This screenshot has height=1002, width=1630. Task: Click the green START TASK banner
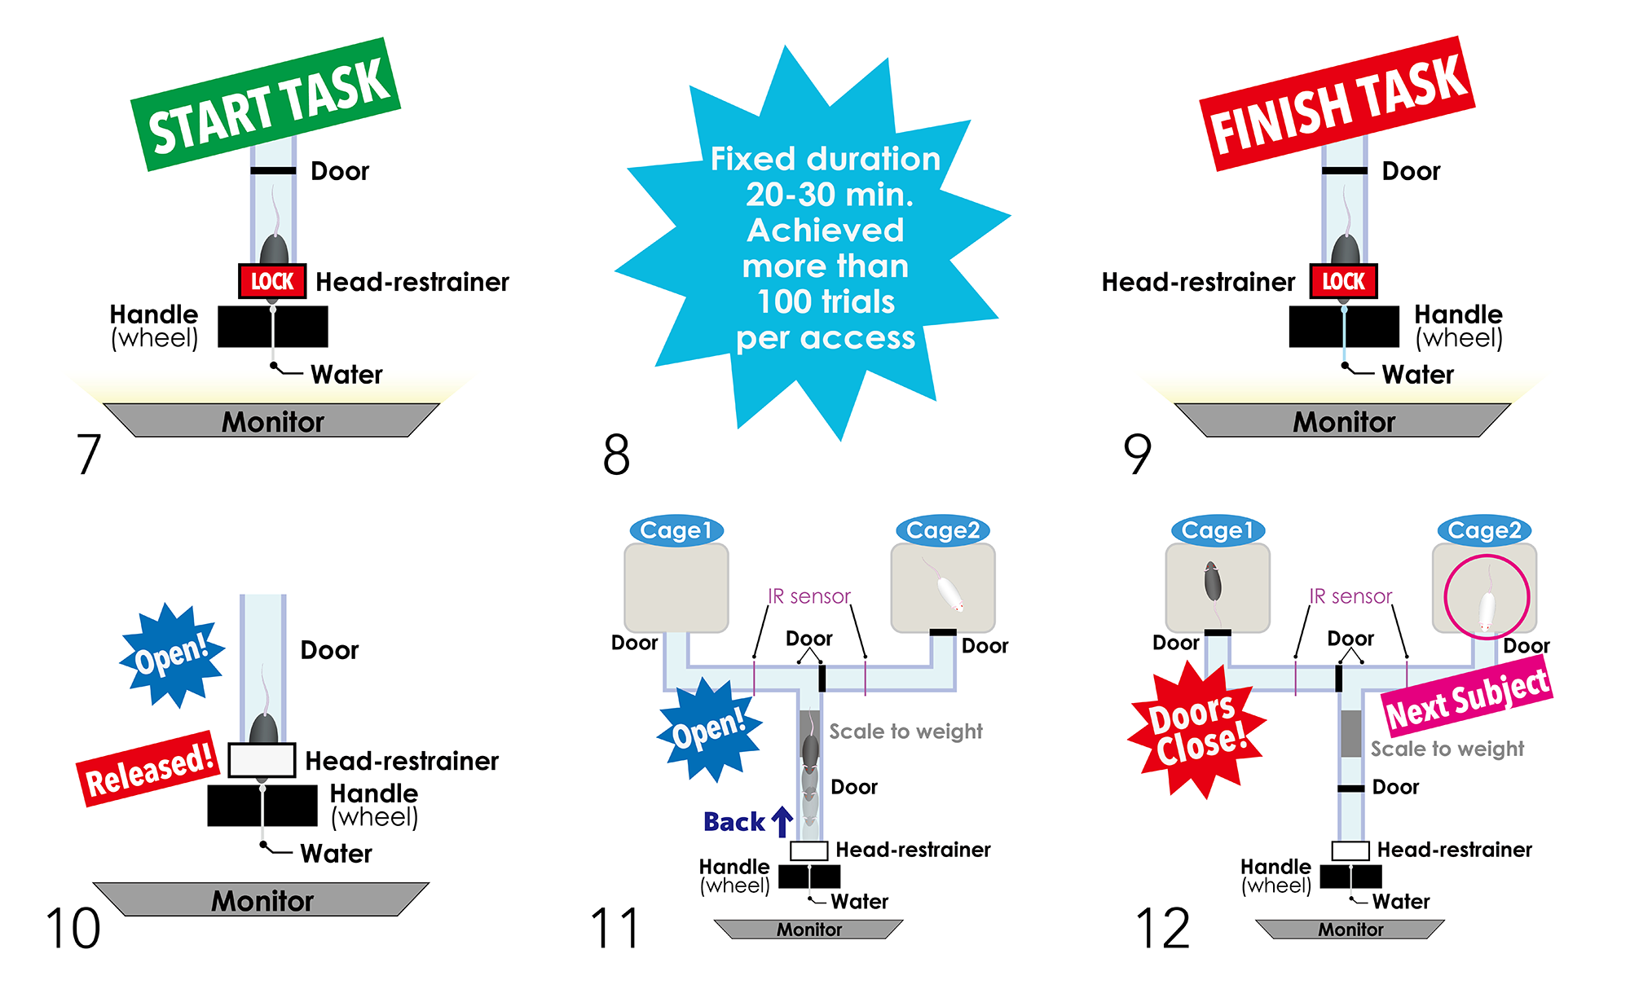click(266, 104)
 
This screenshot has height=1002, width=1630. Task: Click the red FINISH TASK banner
click(1337, 103)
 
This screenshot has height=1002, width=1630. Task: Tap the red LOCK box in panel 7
click(272, 281)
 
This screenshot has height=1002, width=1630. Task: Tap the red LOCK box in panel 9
click(1343, 281)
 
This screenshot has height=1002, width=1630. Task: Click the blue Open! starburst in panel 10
click(172, 655)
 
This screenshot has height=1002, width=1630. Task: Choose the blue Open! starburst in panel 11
click(709, 729)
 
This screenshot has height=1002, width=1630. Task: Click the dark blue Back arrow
click(782, 821)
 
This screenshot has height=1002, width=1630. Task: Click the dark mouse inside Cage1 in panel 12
click(1213, 582)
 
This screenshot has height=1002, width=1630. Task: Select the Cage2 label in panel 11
click(943, 530)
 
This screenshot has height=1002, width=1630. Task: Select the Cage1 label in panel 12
click(1218, 530)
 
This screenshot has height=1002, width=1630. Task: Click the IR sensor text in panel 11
click(808, 596)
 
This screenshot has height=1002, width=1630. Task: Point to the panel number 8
click(616, 454)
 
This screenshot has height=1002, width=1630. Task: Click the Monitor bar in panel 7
click(271, 420)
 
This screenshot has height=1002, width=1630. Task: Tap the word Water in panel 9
click(1417, 375)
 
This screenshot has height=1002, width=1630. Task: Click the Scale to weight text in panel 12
click(1447, 749)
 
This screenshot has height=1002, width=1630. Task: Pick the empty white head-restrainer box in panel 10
click(262, 760)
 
